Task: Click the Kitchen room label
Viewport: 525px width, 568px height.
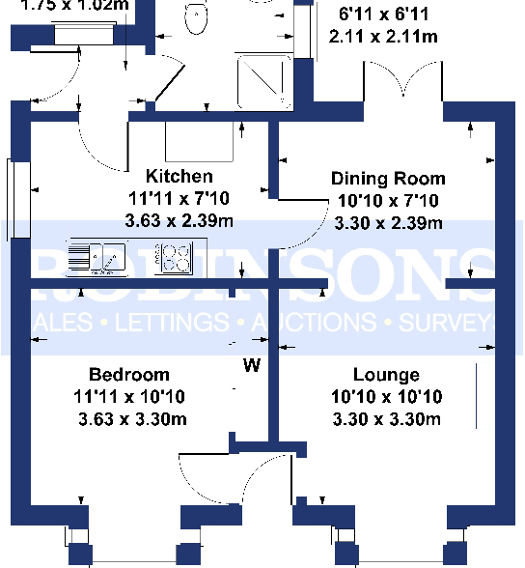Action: point(179,177)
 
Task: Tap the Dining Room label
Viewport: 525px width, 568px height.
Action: point(388,179)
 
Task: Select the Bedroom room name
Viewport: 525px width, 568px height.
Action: point(128,375)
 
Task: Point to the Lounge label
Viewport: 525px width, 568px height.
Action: point(386,375)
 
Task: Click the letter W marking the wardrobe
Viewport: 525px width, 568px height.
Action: point(252,366)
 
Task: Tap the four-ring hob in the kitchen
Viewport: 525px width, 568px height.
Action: point(176,257)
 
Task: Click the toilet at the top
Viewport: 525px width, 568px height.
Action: point(198,18)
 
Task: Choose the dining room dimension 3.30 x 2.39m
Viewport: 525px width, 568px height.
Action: point(388,223)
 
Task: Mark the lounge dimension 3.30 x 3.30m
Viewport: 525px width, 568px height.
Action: point(386,418)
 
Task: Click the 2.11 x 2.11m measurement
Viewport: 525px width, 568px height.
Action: point(383,38)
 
